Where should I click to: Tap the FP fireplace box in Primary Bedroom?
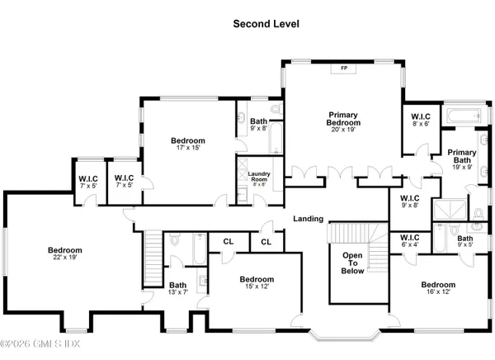pos(343,69)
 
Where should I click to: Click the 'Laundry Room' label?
pos(261,176)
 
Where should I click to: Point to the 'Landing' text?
pos(308,218)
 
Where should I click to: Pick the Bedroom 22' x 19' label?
pos(64,254)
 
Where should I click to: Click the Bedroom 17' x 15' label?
pos(188,144)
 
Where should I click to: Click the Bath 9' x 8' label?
pos(259,125)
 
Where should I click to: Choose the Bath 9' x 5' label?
pos(466,241)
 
